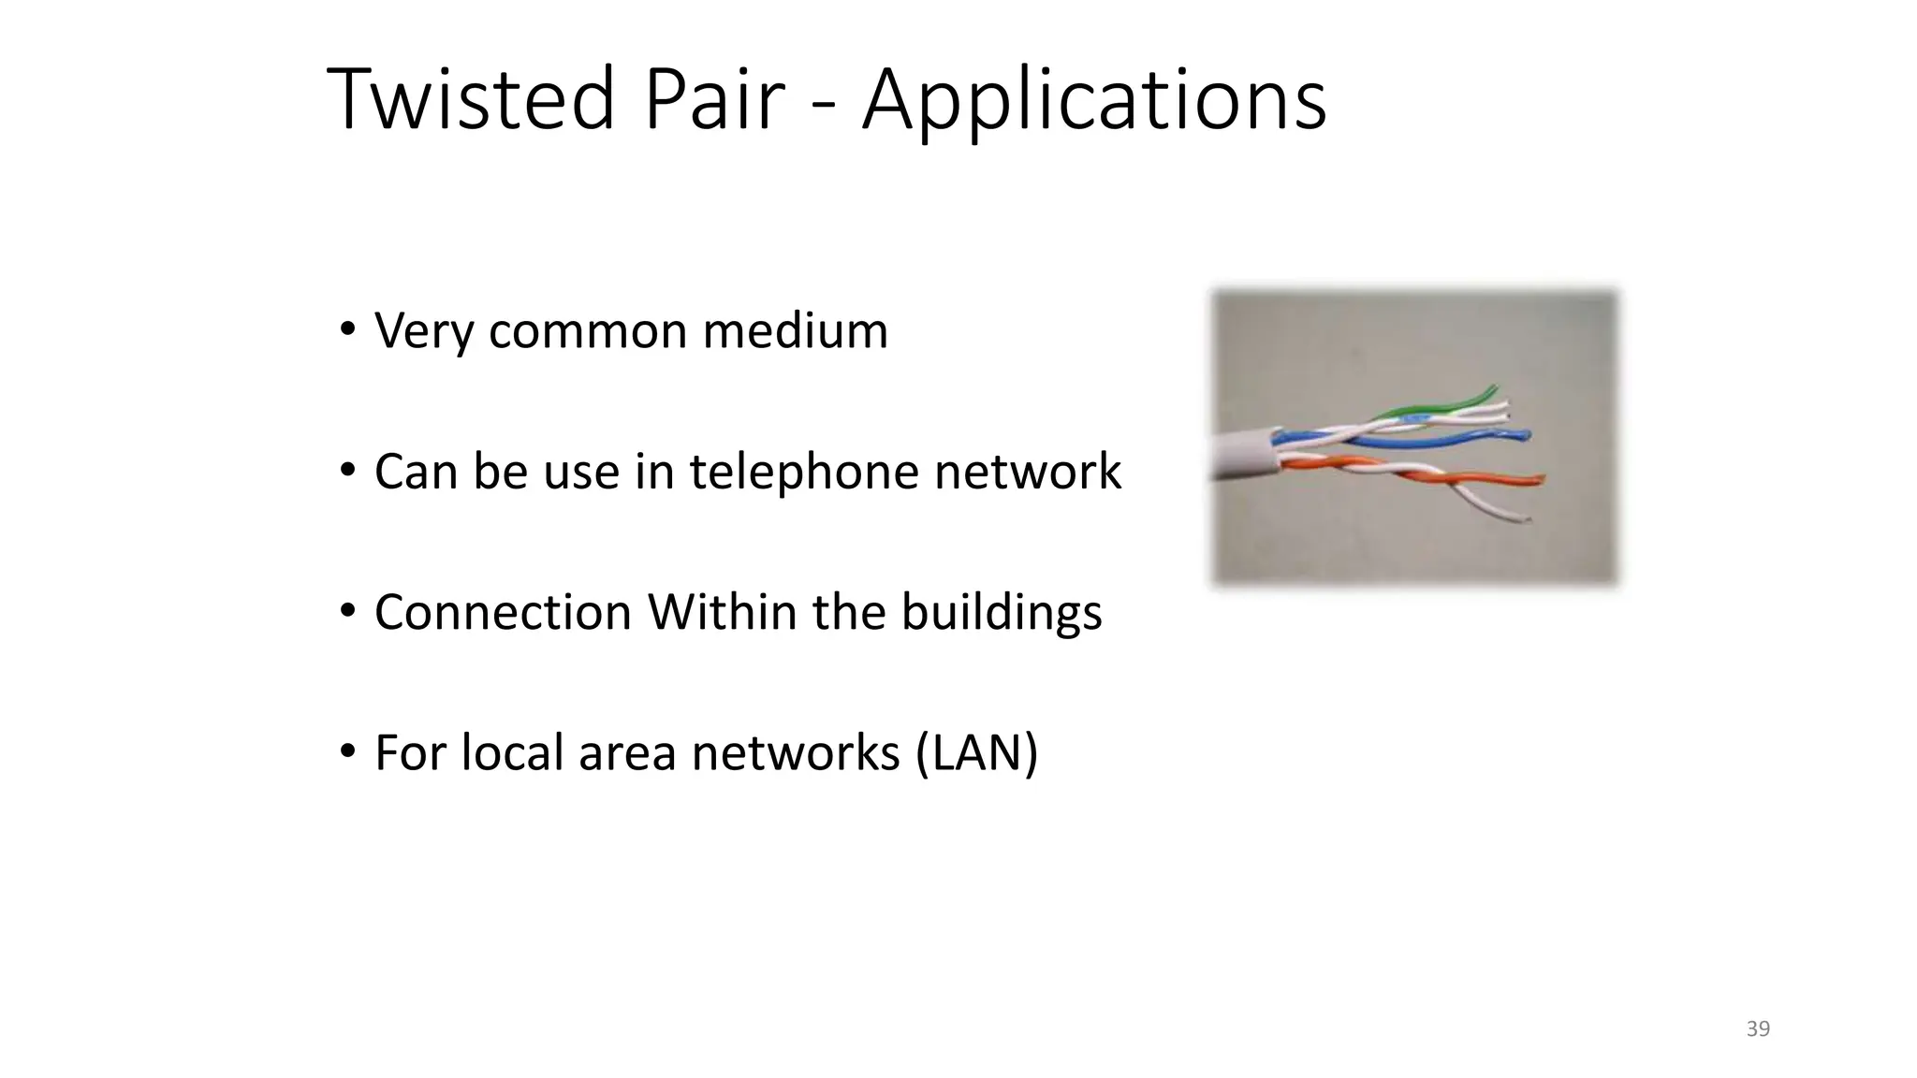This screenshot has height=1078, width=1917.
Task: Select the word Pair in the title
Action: (x=714, y=99)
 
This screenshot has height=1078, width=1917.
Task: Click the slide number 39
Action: (x=1758, y=1028)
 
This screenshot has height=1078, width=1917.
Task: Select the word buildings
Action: (x=1001, y=613)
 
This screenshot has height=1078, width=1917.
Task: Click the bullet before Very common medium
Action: (x=348, y=329)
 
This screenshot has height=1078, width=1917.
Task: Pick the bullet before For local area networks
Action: (x=348, y=751)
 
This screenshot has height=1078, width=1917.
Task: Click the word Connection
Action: (x=503, y=613)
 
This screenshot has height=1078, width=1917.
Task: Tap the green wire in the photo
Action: (x=1441, y=404)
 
